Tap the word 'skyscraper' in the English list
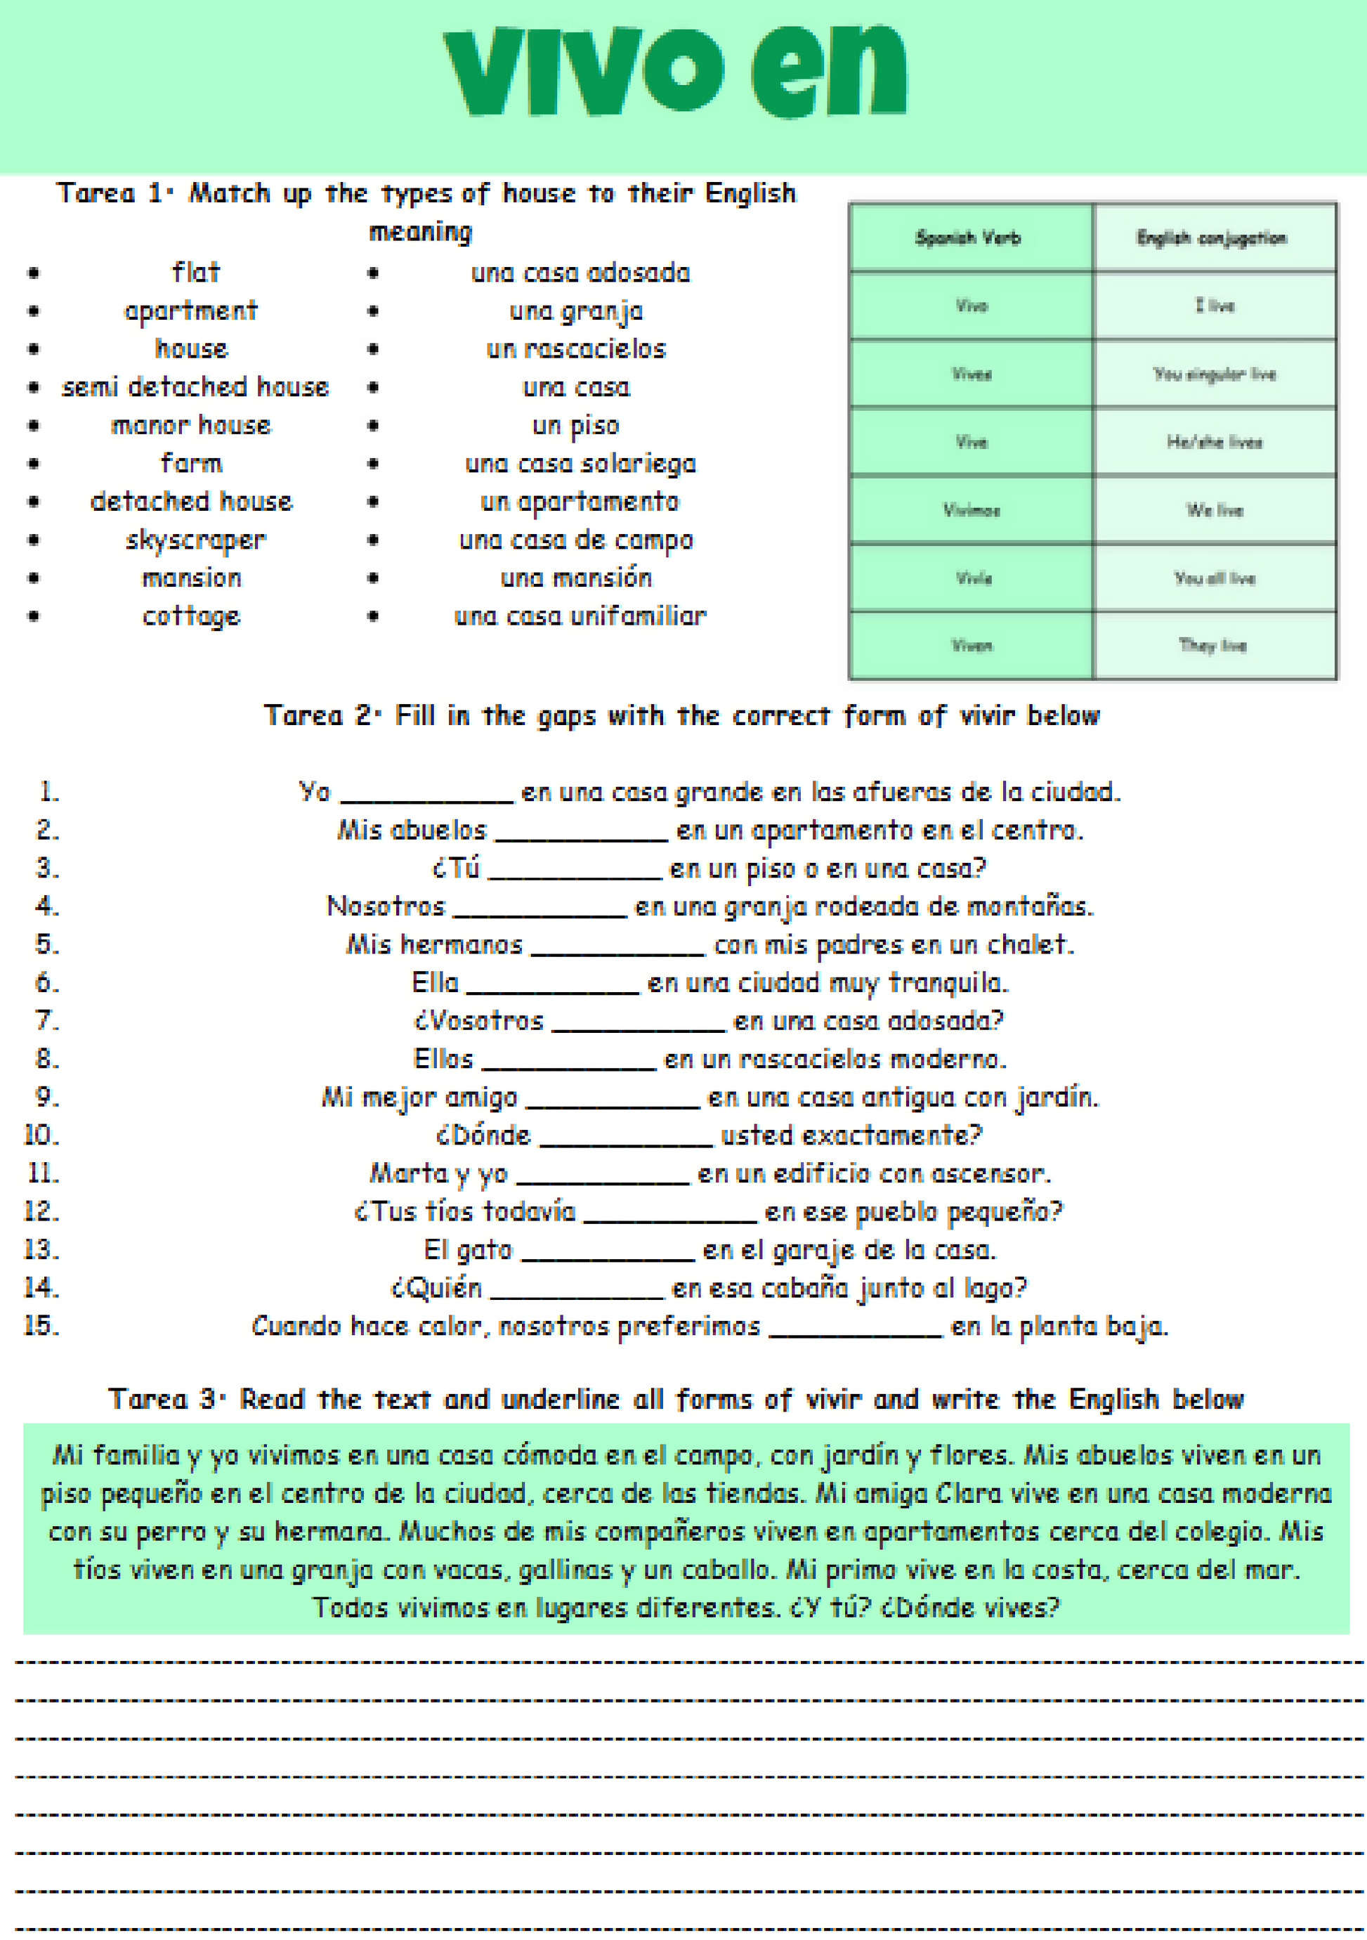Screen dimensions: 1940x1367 pyautogui.click(x=195, y=540)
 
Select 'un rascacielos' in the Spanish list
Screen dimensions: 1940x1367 pyautogui.click(x=576, y=349)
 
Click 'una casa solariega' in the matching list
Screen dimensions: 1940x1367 pyautogui.click(x=580, y=464)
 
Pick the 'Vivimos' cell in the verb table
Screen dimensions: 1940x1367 pyautogui.click(x=972, y=510)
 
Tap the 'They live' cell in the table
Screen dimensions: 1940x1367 pyautogui.click(x=1213, y=646)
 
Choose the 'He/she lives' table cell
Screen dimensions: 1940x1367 pyautogui.click(x=1214, y=442)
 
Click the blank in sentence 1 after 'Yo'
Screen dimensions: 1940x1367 pyautogui.click(x=426, y=794)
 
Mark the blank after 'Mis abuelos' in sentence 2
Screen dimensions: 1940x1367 pyautogui.click(x=581, y=832)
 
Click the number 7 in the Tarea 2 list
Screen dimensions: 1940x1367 pyautogui.click(x=46, y=1021)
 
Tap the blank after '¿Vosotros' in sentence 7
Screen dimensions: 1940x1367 pyautogui.click(x=638, y=1023)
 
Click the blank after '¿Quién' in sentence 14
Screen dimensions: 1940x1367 pyautogui.click(x=577, y=1290)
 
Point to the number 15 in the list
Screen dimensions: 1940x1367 pyautogui.click(x=41, y=1326)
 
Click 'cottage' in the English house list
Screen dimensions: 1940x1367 pyautogui.click(x=191, y=617)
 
